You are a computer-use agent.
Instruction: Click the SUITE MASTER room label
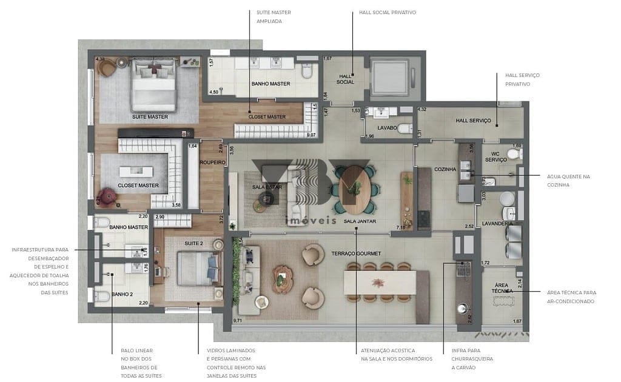[x=150, y=116]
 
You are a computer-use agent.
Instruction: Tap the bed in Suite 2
[x=196, y=267]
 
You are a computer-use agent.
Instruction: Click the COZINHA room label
[x=445, y=169]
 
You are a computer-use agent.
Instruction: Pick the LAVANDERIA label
[x=498, y=223]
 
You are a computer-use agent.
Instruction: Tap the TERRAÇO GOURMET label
[x=356, y=254]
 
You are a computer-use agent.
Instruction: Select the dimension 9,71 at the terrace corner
[x=238, y=320]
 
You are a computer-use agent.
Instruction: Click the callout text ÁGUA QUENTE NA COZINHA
[x=568, y=180]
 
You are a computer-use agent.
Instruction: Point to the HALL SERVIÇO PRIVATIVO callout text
[x=522, y=79]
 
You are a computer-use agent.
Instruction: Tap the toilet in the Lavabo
[x=405, y=129]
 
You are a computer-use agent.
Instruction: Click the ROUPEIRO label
[x=213, y=163]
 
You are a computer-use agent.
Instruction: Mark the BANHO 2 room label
[x=121, y=294]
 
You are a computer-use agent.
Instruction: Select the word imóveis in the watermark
[x=310, y=221]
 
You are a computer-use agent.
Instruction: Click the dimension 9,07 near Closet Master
[x=312, y=135]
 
